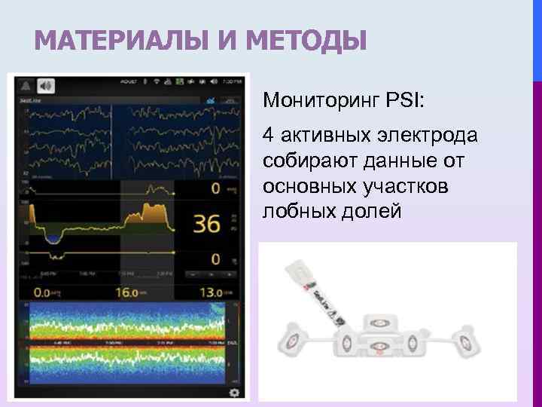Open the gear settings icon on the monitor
tap(234, 393)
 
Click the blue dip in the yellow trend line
tap(52, 237)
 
